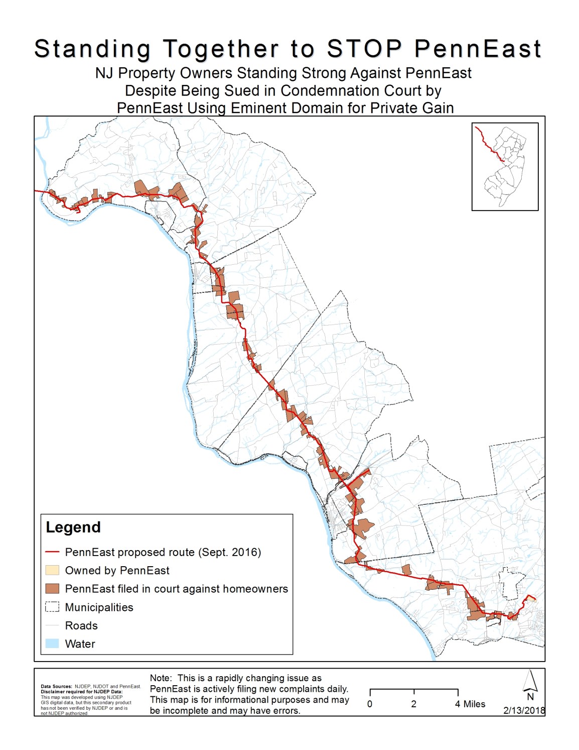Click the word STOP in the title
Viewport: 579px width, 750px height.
(364, 49)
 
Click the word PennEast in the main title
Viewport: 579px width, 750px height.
(478, 49)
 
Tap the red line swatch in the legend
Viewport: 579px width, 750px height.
(52, 552)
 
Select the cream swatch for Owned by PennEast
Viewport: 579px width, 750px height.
(52, 570)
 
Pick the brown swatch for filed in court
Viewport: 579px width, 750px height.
(52, 589)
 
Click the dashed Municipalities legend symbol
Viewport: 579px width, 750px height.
(52, 607)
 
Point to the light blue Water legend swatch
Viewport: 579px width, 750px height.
(52, 644)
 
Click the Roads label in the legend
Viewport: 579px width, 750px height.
(81, 625)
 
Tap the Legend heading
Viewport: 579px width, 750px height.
(73, 527)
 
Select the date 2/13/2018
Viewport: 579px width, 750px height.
(523, 710)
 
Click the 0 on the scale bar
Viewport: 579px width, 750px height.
(370, 704)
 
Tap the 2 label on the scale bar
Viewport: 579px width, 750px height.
(413, 704)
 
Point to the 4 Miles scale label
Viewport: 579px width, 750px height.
(470, 704)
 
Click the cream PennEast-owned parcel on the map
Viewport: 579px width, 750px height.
(532, 598)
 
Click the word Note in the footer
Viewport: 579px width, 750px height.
(160, 678)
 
